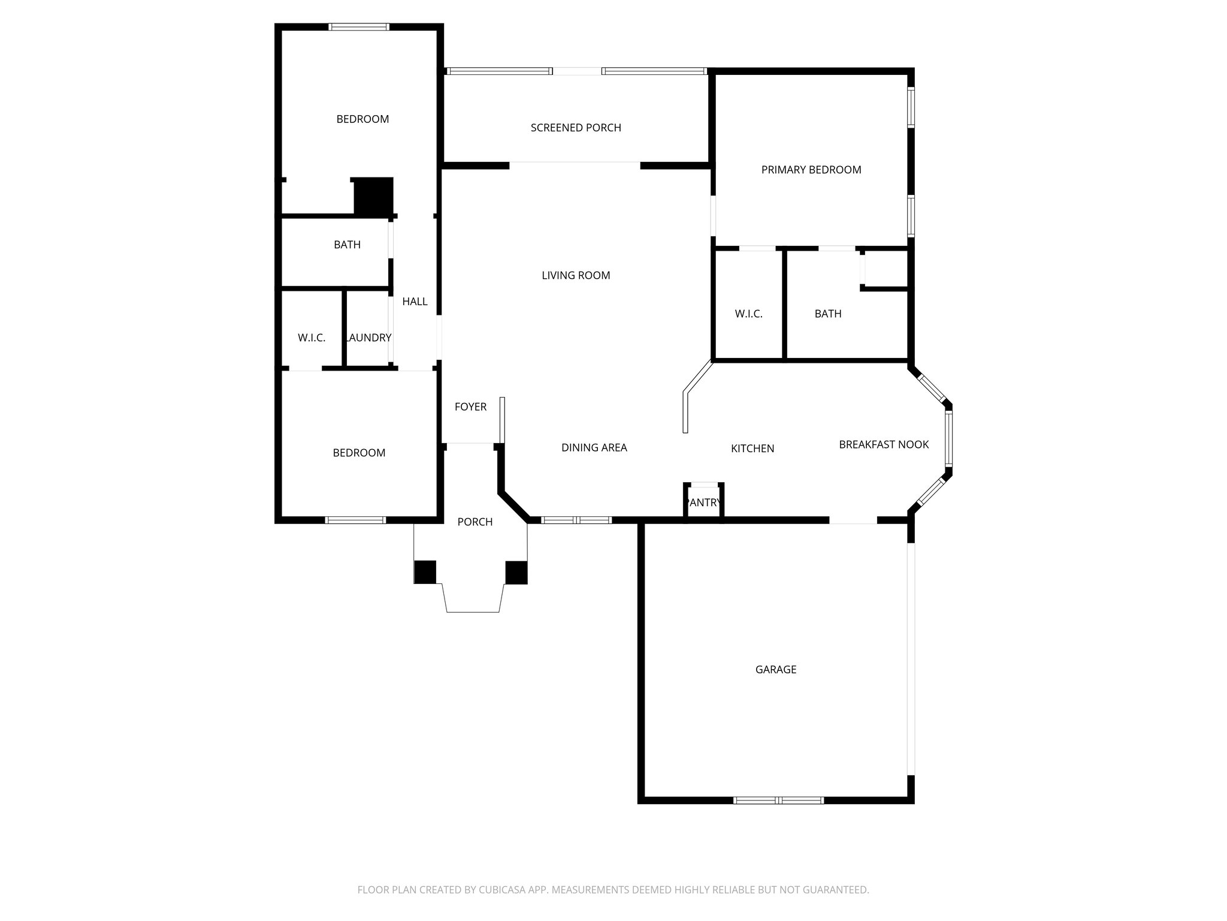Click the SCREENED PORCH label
click(576, 128)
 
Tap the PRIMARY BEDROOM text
click(811, 170)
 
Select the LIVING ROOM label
click(576, 275)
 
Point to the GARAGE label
click(775, 669)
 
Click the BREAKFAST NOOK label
click(883, 444)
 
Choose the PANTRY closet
click(704, 502)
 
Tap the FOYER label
click(470, 407)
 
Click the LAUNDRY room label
click(368, 338)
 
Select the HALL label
click(415, 301)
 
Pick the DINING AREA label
click(594, 447)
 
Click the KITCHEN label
click(752, 448)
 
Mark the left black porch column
click(425, 572)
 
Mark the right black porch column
click(516, 572)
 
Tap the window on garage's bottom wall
click(778, 800)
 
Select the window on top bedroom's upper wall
click(359, 27)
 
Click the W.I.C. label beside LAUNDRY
click(312, 338)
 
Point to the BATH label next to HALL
click(347, 245)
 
